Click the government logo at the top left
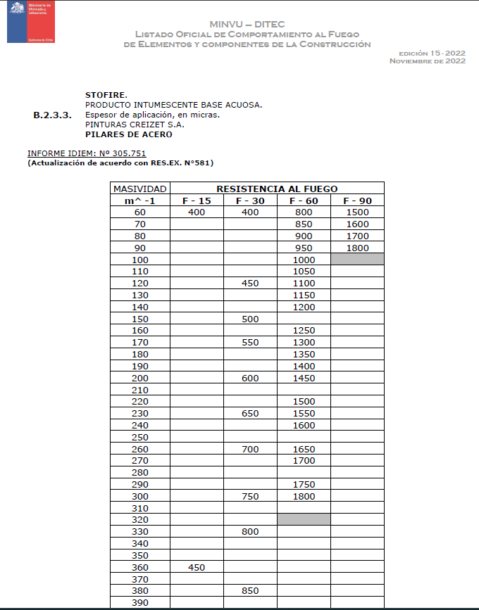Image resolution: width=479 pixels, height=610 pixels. coord(29,22)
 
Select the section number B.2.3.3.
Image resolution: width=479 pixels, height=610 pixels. coord(52,115)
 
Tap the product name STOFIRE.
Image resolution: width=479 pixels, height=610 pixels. coord(106,94)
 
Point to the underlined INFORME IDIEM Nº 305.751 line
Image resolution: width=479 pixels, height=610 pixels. coord(87,153)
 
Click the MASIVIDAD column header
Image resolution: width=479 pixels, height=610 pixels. coord(140,189)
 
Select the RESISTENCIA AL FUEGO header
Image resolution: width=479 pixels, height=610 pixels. coord(277,189)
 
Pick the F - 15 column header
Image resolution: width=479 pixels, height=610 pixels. coord(197,201)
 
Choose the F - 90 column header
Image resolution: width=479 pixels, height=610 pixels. coord(356,201)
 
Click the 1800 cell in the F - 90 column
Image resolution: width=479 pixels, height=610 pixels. coord(356,248)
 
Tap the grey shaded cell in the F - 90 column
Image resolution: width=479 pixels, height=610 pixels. coord(356,259)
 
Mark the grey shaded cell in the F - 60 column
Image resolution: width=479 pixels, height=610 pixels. coord(304,519)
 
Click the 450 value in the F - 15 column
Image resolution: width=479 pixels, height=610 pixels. coord(197,566)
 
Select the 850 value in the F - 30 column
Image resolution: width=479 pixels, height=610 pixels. coord(250,590)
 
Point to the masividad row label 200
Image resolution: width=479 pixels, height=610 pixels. coord(140,378)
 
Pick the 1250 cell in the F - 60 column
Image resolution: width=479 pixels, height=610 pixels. coord(304,330)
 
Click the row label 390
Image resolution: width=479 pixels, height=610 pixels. coord(140,602)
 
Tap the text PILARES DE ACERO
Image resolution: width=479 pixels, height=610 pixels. coord(128,134)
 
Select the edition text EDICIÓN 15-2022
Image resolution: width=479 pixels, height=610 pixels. coord(431,53)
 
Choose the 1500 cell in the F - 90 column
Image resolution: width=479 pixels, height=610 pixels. coord(356,212)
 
